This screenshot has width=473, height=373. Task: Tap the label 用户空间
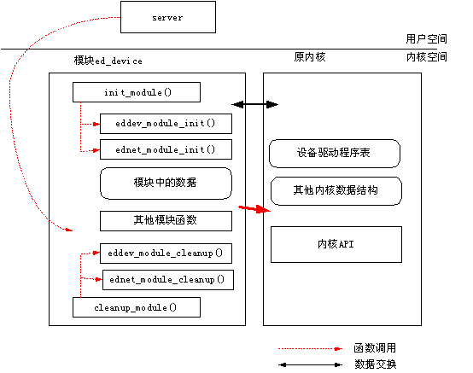(426, 39)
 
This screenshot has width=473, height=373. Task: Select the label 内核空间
(426, 56)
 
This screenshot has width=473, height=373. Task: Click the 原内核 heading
(310, 56)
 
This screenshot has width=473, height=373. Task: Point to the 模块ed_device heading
(108, 61)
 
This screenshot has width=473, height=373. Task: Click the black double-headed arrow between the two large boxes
(255, 105)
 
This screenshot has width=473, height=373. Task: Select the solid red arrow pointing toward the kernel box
(254, 208)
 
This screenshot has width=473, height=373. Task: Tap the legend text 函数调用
(375, 348)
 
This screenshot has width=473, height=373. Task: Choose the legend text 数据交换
(375, 364)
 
